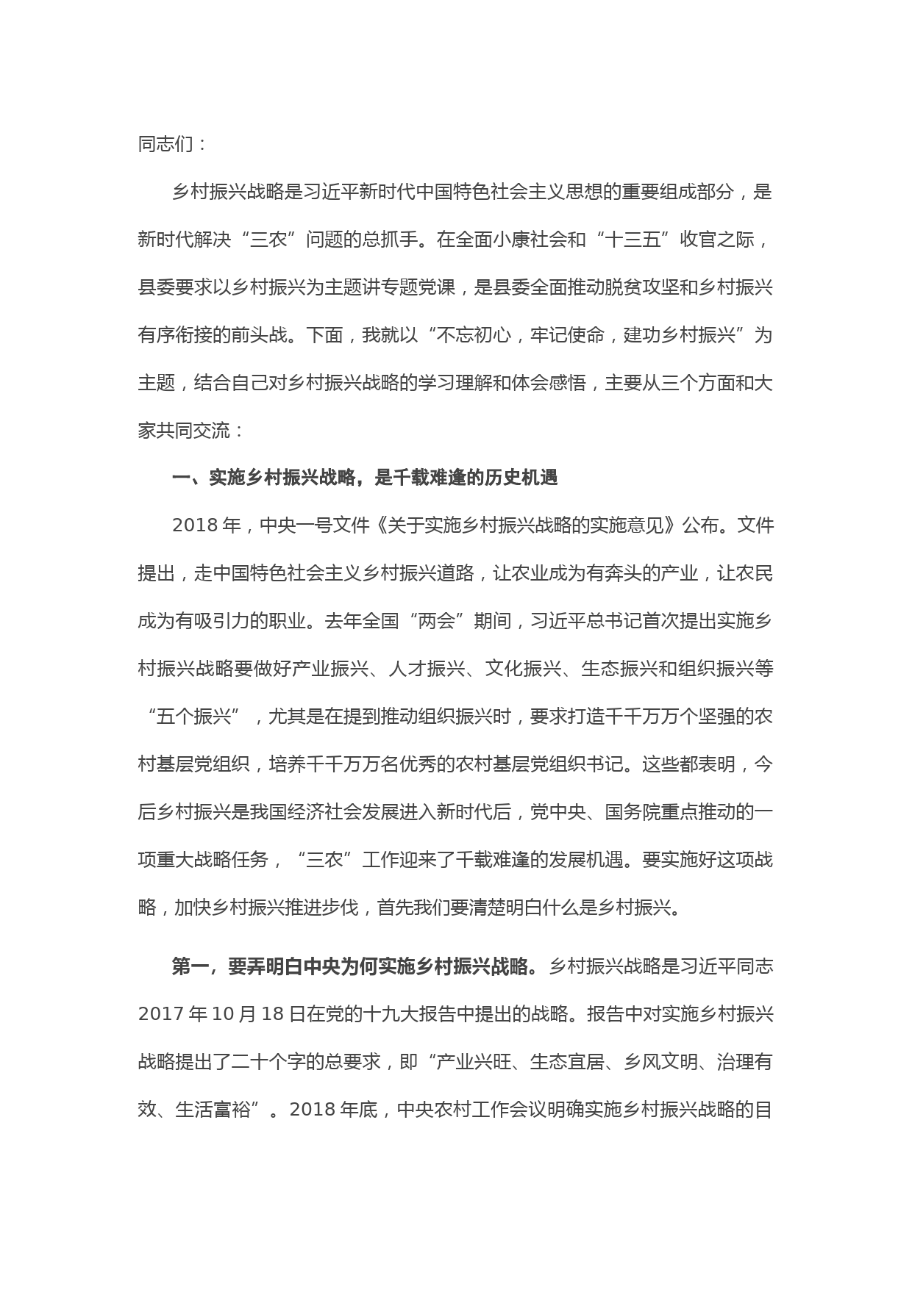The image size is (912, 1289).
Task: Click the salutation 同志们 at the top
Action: [x=165, y=144]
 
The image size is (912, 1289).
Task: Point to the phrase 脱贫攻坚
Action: [x=633, y=287]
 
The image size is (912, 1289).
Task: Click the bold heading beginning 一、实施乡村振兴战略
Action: [x=365, y=478]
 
